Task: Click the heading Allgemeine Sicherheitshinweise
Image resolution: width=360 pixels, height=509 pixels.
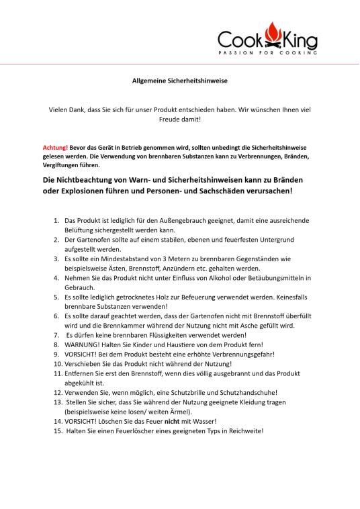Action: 179,81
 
